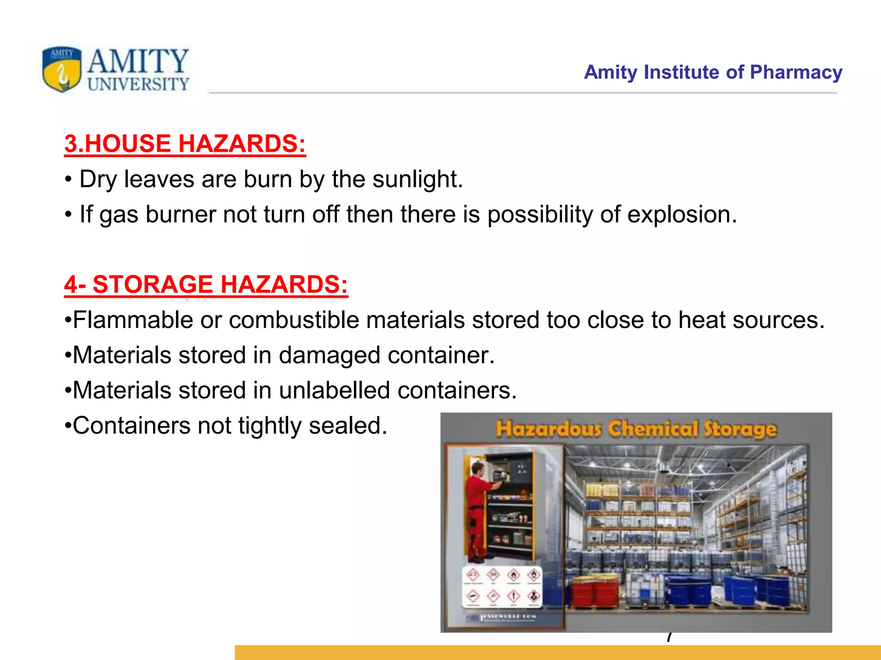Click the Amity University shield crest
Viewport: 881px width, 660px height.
(x=62, y=69)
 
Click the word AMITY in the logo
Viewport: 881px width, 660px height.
(x=138, y=61)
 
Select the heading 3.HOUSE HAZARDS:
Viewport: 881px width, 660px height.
(x=185, y=144)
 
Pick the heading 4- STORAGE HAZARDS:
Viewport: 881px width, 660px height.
(x=206, y=284)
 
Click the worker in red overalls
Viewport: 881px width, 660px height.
(x=481, y=511)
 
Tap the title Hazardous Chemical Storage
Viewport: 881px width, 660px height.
(x=636, y=429)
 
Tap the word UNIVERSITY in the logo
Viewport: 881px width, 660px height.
(x=138, y=84)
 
